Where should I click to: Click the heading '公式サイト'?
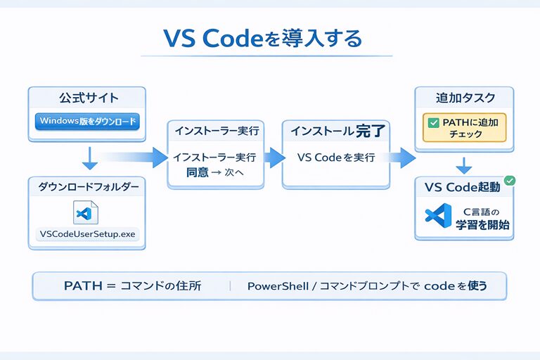click(x=87, y=98)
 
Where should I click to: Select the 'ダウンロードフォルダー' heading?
click(x=89, y=188)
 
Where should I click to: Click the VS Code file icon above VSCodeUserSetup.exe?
click(x=86, y=213)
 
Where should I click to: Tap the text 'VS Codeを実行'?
click(x=336, y=157)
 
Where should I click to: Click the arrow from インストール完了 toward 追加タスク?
click(x=403, y=157)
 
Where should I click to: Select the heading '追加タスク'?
click(x=464, y=98)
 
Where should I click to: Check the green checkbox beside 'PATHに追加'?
click(x=431, y=122)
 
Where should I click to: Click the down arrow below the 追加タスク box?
click(x=463, y=165)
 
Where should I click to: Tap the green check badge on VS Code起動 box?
click(x=510, y=181)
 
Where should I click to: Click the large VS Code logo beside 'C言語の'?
click(x=436, y=217)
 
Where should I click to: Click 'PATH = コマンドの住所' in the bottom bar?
click(x=131, y=286)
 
